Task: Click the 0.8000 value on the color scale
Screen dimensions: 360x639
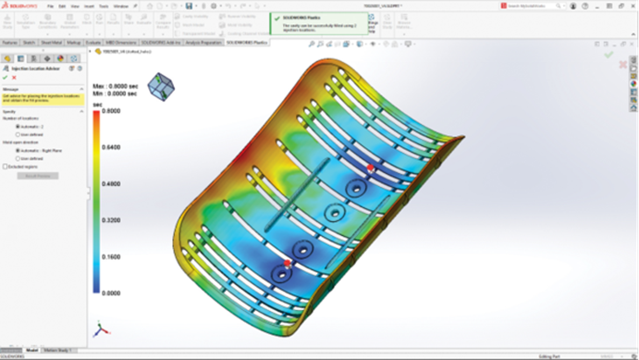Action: click(110, 111)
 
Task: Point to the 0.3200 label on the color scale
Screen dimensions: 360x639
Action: click(110, 221)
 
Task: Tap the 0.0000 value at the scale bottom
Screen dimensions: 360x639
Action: click(110, 293)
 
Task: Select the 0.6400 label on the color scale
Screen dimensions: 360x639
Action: click(110, 148)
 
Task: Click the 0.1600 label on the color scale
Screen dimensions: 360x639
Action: click(110, 257)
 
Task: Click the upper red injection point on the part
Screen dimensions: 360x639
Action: click(371, 168)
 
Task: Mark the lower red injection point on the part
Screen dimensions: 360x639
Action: click(288, 264)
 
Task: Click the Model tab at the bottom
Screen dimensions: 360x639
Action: click(31, 351)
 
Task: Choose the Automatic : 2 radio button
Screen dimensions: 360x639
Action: click(18, 127)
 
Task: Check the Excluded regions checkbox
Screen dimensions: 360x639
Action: click(6, 167)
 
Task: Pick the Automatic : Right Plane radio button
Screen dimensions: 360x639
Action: click(18, 150)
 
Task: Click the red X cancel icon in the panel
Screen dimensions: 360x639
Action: click(15, 78)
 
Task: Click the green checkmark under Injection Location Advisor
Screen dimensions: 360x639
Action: click(6, 78)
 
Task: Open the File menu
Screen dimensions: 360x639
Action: click(52, 6)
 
